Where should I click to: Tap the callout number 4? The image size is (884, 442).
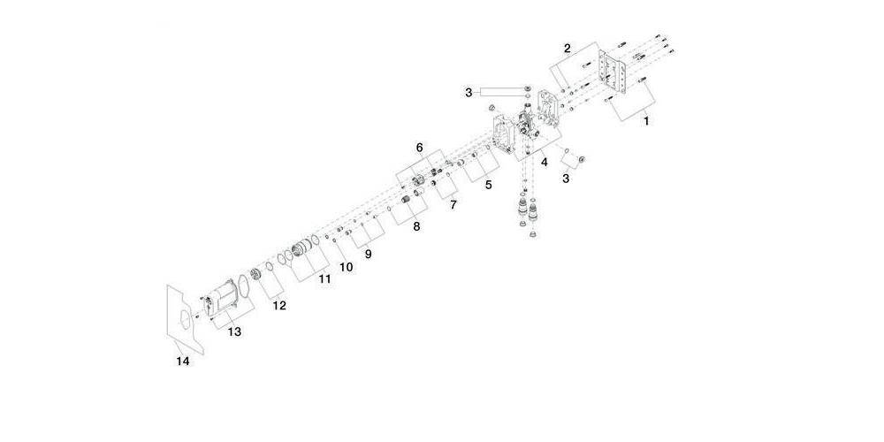(x=545, y=162)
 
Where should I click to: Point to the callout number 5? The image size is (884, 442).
(x=487, y=186)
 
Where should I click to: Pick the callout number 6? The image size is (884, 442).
(x=420, y=148)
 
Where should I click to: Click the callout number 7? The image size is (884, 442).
(x=452, y=204)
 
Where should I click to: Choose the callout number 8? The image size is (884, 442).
(x=416, y=226)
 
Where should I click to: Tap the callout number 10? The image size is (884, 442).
(x=347, y=266)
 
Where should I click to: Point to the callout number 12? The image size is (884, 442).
(x=279, y=306)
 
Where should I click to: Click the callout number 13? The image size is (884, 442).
(x=235, y=331)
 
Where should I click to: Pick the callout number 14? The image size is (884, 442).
(x=182, y=361)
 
